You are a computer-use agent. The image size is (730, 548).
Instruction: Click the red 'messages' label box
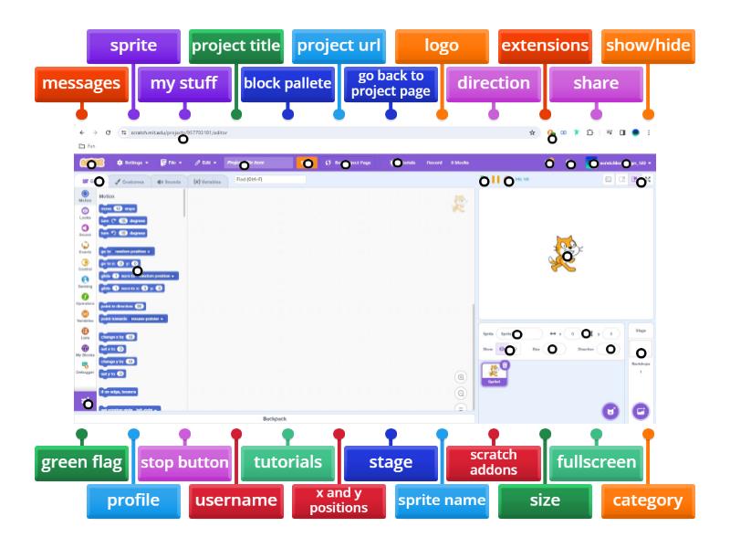(x=81, y=83)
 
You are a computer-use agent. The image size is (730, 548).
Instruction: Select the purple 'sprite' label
(x=133, y=45)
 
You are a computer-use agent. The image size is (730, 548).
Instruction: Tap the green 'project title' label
(x=236, y=45)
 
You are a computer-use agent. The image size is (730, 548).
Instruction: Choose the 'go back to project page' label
(x=391, y=83)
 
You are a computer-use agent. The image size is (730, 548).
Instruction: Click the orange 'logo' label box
(x=442, y=45)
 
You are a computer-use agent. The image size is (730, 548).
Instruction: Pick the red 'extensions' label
(x=545, y=45)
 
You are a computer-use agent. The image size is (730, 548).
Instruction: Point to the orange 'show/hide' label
(x=647, y=45)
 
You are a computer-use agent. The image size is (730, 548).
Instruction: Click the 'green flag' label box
(x=82, y=462)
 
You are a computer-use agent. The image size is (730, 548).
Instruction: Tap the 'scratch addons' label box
(x=494, y=462)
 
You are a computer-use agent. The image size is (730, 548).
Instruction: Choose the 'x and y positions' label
(x=339, y=500)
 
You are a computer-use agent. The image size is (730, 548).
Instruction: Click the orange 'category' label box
(x=647, y=500)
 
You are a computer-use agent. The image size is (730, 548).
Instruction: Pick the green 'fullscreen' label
(x=597, y=462)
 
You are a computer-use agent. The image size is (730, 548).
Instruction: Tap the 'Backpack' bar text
(x=275, y=418)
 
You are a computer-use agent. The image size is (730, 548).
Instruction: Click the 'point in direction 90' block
(x=122, y=306)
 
